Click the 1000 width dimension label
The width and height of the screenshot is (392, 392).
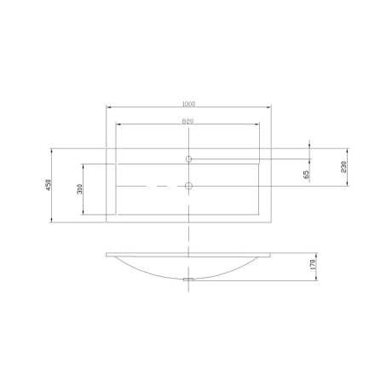pos(188,104)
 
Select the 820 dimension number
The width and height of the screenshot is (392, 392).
pos(187,121)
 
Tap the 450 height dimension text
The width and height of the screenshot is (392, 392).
pos(48,185)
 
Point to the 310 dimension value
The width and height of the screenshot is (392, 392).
pos(79,189)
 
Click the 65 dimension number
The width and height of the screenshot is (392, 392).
pos(307,175)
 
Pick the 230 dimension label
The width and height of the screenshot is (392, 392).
pos(343,167)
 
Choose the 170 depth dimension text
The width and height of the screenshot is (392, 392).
pos(313,264)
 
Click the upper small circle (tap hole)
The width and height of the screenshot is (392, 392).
pos(188,159)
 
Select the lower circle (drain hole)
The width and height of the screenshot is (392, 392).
pos(188,186)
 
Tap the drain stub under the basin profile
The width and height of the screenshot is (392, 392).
pos(188,280)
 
